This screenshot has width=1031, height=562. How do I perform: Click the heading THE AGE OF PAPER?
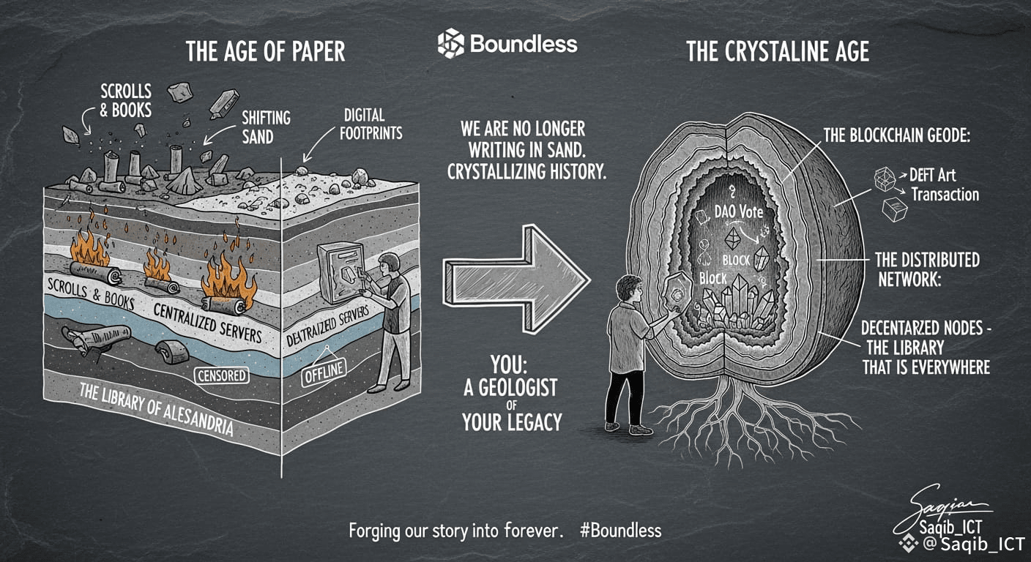pos(265,52)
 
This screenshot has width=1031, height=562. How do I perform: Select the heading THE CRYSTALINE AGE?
pos(778,52)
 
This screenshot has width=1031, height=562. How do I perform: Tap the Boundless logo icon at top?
pos(451,43)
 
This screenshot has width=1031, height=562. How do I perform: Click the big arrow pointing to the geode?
pos(521,279)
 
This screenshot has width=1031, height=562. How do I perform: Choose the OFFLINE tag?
pos(323,371)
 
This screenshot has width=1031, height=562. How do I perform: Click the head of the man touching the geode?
pos(629,288)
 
